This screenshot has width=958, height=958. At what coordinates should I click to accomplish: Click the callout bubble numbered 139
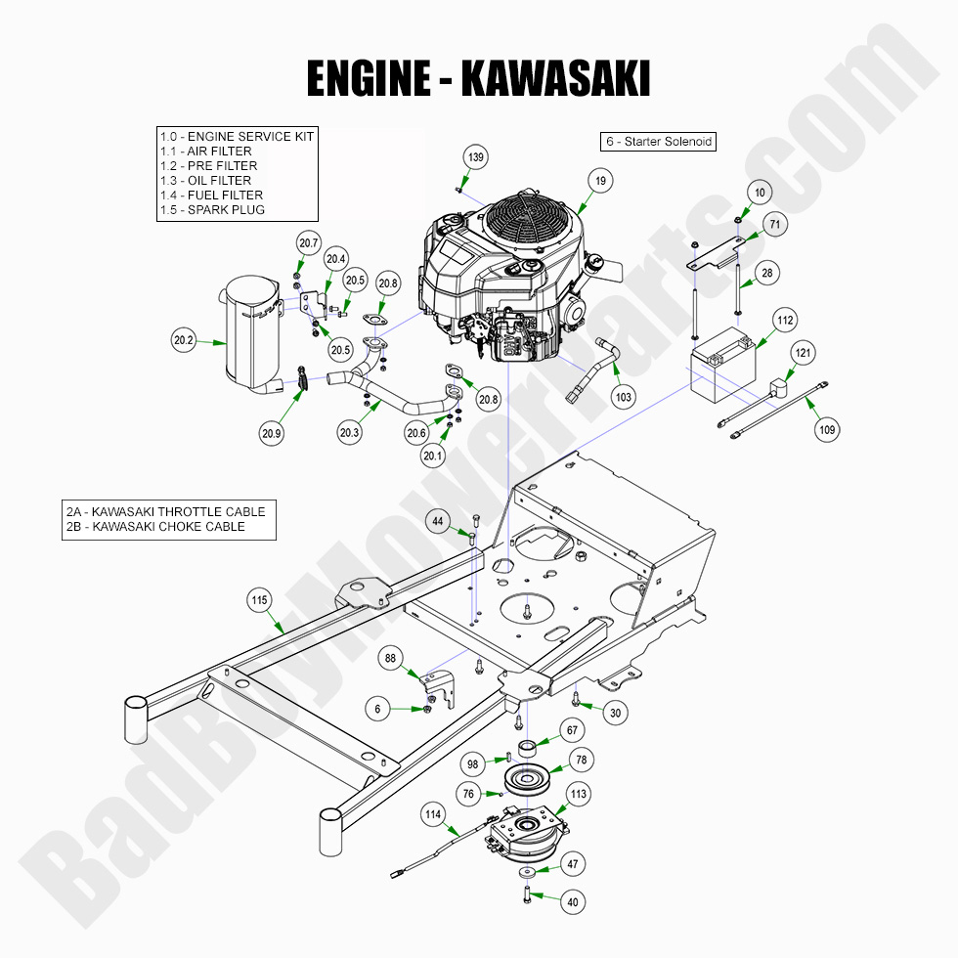pyautogui.click(x=475, y=157)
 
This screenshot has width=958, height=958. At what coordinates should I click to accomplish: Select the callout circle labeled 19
pyautogui.click(x=600, y=180)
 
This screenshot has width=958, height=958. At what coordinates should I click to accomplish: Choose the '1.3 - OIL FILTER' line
pyautogui.click(x=206, y=180)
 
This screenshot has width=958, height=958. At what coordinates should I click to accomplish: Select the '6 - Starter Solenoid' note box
pyautogui.click(x=658, y=142)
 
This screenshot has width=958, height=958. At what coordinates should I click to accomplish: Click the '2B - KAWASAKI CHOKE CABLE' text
pyautogui.click(x=155, y=527)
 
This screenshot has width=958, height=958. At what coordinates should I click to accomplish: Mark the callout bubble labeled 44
pyautogui.click(x=438, y=523)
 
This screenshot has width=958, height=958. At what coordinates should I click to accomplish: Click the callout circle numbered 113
pyautogui.click(x=578, y=795)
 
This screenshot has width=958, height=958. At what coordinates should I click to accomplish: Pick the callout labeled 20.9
pyautogui.click(x=272, y=434)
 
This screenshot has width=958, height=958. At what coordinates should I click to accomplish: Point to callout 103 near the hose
pyautogui.click(x=624, y=396)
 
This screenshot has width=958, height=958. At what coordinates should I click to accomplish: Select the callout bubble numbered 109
pyautogui.click(x=827, y=429)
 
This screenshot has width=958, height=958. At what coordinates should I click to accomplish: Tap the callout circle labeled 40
pyautogui.click(x=573, y=903)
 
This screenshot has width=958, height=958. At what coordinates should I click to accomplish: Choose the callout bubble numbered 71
pyautogui.click(x=774, y=225)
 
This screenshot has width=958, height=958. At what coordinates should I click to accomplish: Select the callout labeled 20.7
pyautogui.click(x=309, y=242)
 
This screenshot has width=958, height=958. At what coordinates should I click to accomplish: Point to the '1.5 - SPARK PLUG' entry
pyautogui.click(x=212, y=209)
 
